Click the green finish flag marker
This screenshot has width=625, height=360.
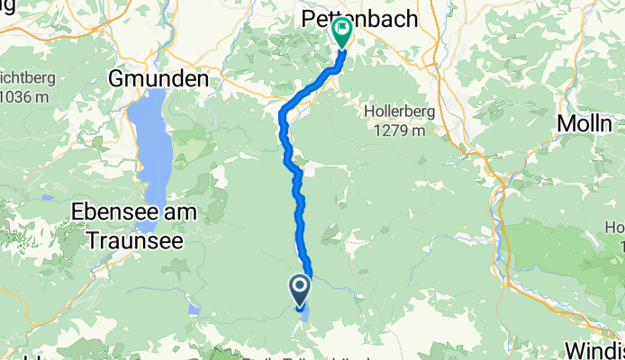(343, 31)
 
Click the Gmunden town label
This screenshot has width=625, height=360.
(158, 79)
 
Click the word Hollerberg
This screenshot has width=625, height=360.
(402, 112)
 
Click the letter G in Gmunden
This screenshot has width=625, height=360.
(116, 79)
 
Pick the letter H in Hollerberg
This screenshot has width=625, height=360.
(369, 112)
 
